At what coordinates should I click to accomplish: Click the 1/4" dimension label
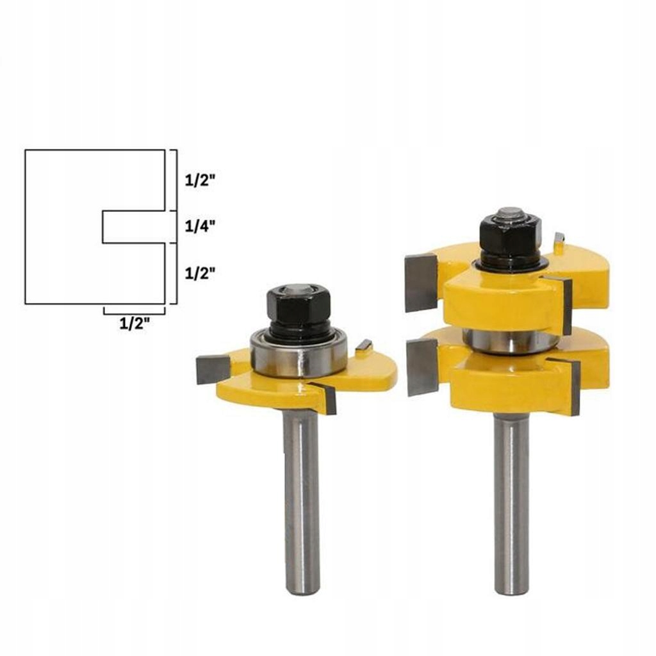[198, 225]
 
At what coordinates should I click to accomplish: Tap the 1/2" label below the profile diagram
[135, 324]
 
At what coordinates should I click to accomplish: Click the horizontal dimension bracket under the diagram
[134, 311]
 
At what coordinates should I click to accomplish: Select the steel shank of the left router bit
[301, 500]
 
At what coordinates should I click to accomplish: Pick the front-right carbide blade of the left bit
[327, 397]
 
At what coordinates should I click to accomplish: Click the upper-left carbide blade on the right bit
[421, 281]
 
